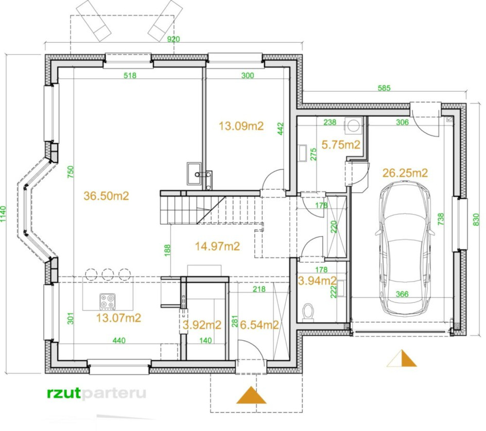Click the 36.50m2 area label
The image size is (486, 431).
tap(106, 196)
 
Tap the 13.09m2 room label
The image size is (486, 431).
tap(241, 126)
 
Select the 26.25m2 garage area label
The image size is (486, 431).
tap(405, 173)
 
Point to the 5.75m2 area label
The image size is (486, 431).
tap(341, 145)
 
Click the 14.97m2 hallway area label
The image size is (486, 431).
tap(217, 246)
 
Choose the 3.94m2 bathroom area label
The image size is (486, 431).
tap(317, 281)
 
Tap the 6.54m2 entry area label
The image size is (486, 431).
tap(259, 324)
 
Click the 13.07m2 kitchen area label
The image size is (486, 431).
tap(118, 318)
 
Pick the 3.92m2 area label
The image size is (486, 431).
tap(202, 325)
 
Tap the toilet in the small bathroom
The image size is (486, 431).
tap(308, 312)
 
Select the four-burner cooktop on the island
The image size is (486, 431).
tap(108, 302)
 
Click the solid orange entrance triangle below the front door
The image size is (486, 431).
tap(251, 395)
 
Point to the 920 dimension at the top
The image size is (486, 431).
tap(173, 39)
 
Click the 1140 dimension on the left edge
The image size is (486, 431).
tap(3, 214)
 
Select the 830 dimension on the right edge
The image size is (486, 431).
tap(476, 219)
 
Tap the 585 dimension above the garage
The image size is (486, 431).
tap(384, 88)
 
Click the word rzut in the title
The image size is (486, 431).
tap(64, 393)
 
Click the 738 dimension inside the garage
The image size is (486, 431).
tap(441, 219)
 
